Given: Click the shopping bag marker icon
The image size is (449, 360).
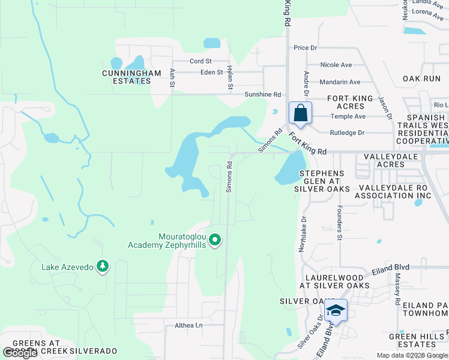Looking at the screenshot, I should (301, 113).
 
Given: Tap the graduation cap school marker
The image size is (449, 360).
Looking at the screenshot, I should (336, 310).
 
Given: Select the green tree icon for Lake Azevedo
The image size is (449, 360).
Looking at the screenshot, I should (103, 266).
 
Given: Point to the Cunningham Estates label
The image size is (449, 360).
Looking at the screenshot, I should (131, 77).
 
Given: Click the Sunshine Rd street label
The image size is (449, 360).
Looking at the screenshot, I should (262, 95).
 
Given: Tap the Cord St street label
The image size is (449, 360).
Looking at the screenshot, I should (200, 61).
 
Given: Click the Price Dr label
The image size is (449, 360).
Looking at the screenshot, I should (305, 48).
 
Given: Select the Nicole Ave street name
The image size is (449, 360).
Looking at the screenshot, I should (336, 65).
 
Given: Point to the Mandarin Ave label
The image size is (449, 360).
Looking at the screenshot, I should (340, 82).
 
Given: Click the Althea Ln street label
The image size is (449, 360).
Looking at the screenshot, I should (188, 326).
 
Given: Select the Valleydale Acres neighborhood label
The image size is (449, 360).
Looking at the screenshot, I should (393, 161).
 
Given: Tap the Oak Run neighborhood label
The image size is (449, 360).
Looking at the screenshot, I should (421, 79).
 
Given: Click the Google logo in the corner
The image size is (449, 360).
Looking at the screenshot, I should (20, 353).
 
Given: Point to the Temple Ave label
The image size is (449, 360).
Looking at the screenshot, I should (348, 116).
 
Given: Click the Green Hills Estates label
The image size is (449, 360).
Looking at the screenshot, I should (416, 340).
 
